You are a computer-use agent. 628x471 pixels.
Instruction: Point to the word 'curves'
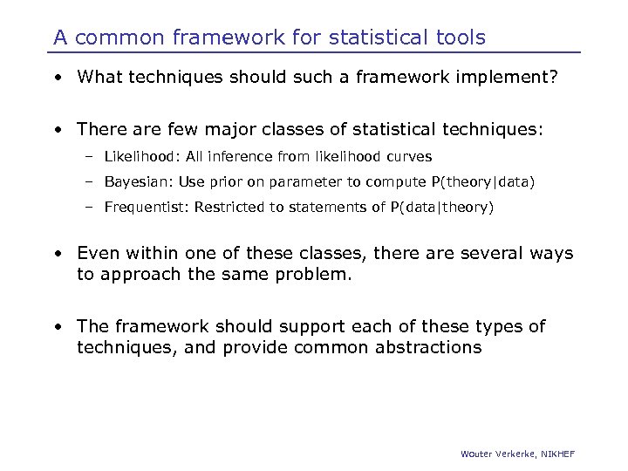click(x=410, y=157)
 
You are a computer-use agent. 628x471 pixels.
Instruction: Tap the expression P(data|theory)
click(x=445, y=207)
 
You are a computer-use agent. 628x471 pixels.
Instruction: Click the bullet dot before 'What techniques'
click(x=57, y=78)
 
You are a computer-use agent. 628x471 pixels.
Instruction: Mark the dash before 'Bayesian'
click(x=89, y=182)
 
